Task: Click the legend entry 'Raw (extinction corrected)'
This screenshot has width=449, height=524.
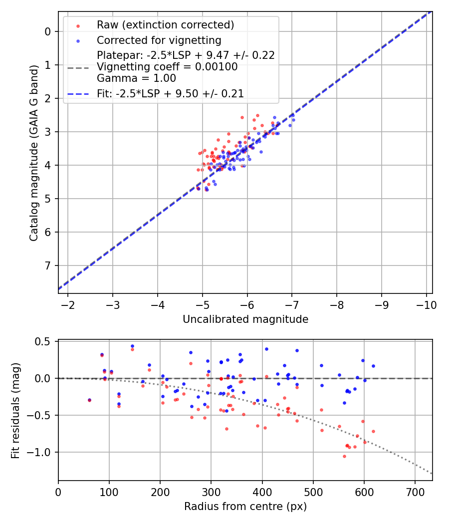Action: click(165, 25)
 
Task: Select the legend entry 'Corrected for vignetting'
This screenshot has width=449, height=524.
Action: click(159, 40)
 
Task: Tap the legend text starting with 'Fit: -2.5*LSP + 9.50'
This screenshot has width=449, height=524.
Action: click(170, 93)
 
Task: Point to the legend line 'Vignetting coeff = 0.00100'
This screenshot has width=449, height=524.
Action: click(167, 66)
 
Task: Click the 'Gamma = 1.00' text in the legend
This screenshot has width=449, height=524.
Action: click(136, 78)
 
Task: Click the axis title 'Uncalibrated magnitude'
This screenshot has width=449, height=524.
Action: click(245, 319)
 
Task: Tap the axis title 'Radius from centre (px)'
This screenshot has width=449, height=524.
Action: click(245, 507)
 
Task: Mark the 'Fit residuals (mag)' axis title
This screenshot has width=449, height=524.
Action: click(15, 410)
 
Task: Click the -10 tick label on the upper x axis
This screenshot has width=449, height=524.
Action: click(427, 304)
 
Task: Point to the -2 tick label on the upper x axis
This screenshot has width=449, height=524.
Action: click(68, 304)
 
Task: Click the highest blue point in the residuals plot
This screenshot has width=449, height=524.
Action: click(132, 346)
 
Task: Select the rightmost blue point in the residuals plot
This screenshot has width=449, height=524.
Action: click(373, 366)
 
